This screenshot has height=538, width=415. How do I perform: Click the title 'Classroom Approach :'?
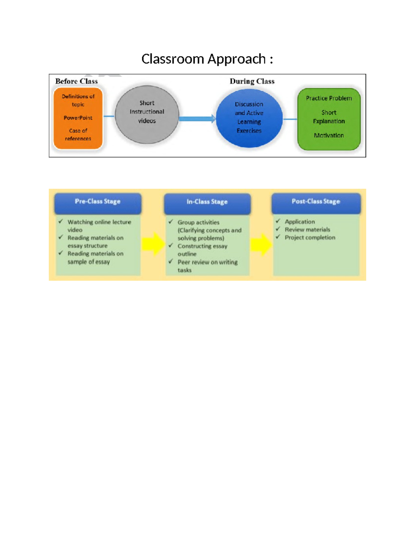[207, 59]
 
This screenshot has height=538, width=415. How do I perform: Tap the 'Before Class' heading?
[76, 81]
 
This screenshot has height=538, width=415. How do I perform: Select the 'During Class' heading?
[252, 81]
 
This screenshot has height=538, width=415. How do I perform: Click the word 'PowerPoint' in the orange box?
[78, 118]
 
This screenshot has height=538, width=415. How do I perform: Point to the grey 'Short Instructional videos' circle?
[147, 114]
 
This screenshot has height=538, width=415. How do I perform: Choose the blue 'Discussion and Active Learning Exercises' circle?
[249, 118]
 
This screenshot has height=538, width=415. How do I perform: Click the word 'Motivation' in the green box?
[329, 135]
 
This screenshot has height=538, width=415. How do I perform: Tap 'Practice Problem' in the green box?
[329, 98]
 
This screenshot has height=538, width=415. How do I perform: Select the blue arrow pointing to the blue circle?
[197, 119]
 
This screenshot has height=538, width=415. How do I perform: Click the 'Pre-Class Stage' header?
[98, 202]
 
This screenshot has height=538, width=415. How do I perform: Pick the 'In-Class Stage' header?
[207, 202]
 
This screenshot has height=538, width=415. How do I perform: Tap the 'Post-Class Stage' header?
[316, 202]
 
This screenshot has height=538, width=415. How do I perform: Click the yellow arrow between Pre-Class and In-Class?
[153, 244]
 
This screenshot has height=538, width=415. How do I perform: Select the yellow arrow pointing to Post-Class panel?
[261, 244]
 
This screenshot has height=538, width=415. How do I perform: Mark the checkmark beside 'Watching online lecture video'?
[61, 221]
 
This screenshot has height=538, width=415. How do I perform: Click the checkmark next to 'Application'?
[278, 221]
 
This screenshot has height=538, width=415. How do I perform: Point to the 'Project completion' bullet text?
[310, 238]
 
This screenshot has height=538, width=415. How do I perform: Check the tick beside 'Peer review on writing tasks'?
[171, 261]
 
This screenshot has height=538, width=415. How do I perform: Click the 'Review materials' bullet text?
[307, 230]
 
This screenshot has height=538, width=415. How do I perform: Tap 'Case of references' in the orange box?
[78, 135]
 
